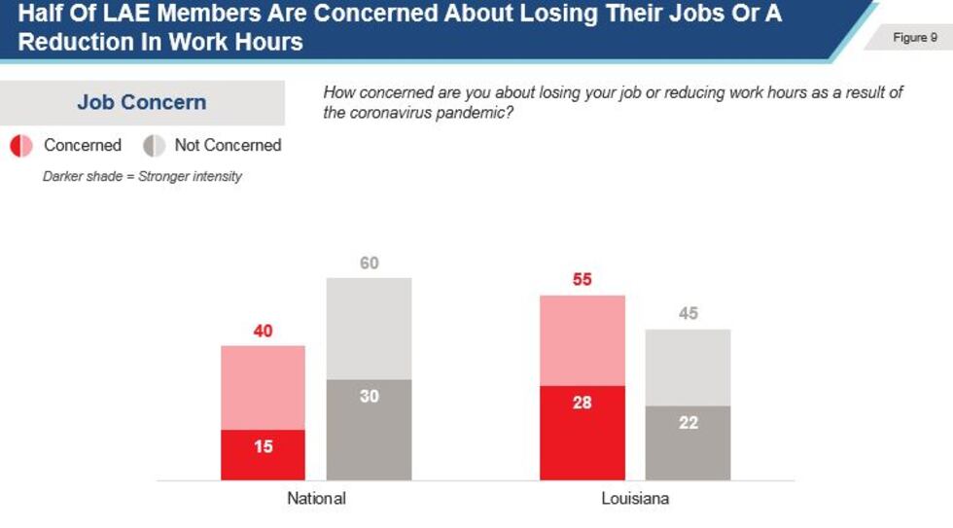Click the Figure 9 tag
click(914, 38)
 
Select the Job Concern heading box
click(142, 102)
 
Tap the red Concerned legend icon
click(20, 146)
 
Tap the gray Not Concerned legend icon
click(154, 146)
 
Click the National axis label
click(316, 499)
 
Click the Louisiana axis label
click(635, 499)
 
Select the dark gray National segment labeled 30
click(369, 430)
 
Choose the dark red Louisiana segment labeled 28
click(582, 433)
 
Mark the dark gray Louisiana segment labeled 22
click(688, 442)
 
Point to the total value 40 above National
click(263, 332)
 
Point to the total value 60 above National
click(369, 264)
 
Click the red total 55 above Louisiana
click(582, 280)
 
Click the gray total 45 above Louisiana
click(688, 314)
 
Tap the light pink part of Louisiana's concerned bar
click(582, 340)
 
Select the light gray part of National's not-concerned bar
click(369, 329)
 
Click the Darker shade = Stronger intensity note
click(142, 176)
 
